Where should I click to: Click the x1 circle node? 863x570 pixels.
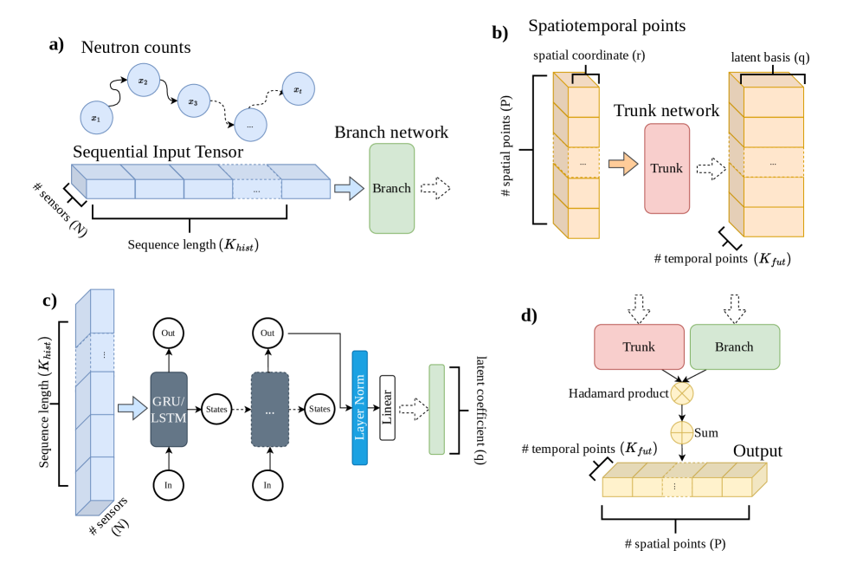point(96,118)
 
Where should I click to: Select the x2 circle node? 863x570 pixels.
point(143,81)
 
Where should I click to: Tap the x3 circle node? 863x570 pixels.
point(193,100)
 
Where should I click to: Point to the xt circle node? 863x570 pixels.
point(298,88)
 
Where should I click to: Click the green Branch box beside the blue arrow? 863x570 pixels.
point(391,188)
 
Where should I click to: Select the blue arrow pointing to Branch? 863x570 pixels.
point(349,189)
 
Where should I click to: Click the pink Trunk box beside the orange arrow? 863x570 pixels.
point(667,168)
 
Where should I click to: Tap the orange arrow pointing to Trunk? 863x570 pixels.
point(622,164)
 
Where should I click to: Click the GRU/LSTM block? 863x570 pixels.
point(169,409)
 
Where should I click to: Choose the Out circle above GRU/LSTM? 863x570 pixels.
point(168,333)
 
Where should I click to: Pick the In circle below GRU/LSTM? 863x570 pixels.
point(168,485)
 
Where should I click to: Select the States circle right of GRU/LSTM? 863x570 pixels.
point(216,409)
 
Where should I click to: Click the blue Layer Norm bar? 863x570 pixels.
point(360,407)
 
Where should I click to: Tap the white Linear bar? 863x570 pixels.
point(387,408)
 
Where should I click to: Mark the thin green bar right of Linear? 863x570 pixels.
point(436,409)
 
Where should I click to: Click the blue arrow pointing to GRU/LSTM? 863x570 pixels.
point(132,408)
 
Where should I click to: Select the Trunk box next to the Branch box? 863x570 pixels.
point(639,347)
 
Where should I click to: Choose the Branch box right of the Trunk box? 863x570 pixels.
point(734,347)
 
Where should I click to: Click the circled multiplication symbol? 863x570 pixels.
point(682,393)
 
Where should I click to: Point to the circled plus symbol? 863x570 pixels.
point(682,431)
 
